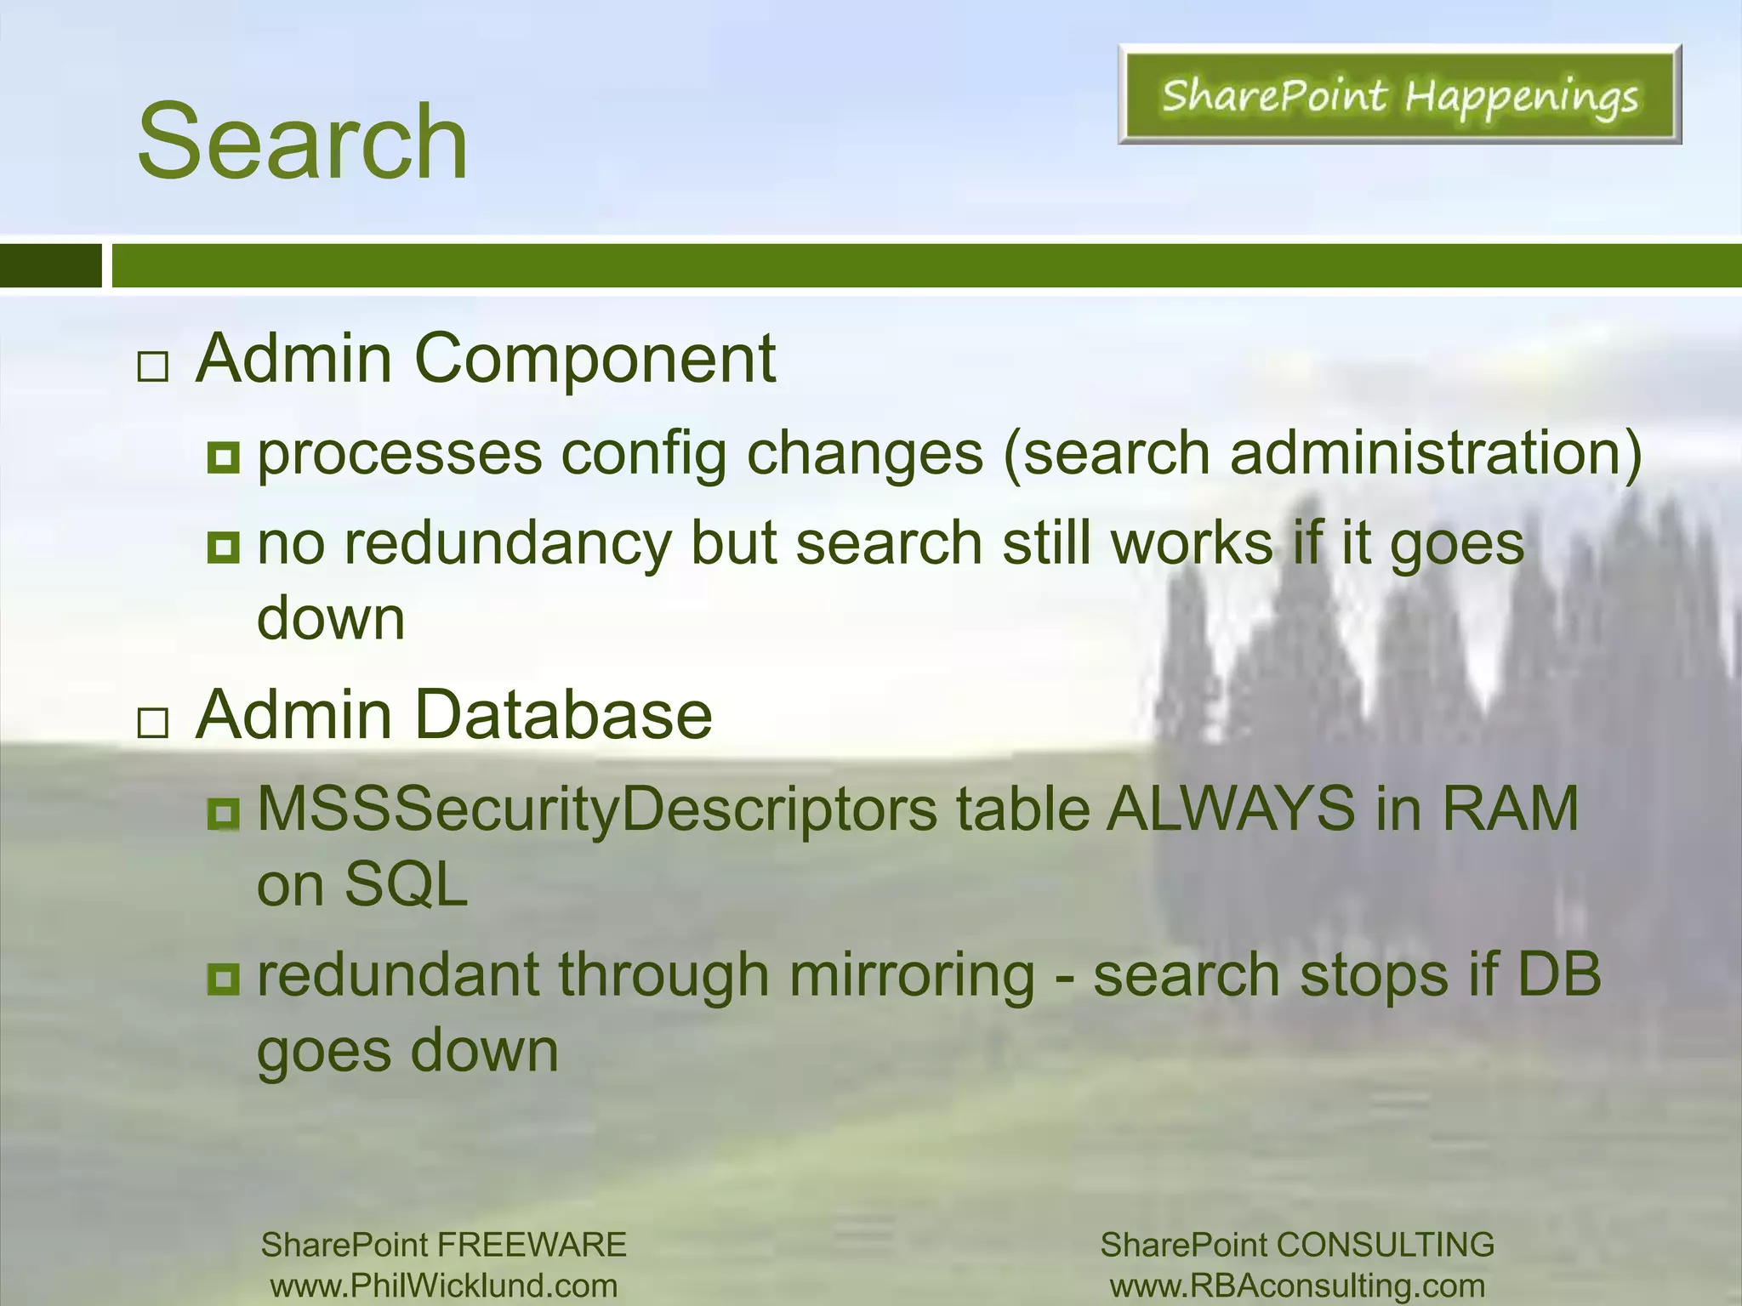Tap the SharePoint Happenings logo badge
tap(1399, 94)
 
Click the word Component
tap(595, 359)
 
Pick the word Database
tap(564, 715)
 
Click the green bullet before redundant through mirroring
tap(224, 979)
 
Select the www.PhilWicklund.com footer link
tap(444, 1286)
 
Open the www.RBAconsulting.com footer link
tap(1297, 1286)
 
